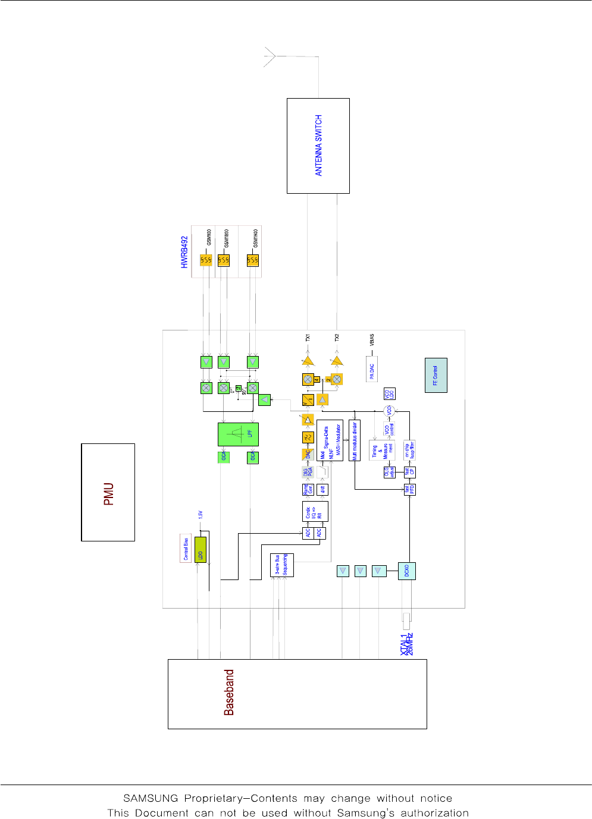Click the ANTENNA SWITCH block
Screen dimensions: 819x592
pyautogui.click(x=318, y=146)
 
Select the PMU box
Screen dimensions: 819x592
pyautogui.click(x=108, y=492)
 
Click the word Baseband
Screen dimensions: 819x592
pyautogui.click(x=229, y=692)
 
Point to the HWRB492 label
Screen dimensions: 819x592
pyautogui.click(x=184, y=252)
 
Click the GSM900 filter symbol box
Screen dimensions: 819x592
pyautogui.click(x=206, y=260)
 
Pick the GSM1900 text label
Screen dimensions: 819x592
pyautogui.click(x=255, y=237)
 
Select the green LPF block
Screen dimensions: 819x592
pyautogui.click(x=238, y=434)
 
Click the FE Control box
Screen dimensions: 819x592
pyautogui.click(x=436, y=375)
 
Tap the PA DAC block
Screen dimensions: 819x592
pyautogui.click(x=372, y=368)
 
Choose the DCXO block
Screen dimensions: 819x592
pyautogui.click(x=407, y=571)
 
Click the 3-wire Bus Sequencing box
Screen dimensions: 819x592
pyautogui.click(x=281, y=565)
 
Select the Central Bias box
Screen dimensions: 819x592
pyautogui.click(x=186, y=549)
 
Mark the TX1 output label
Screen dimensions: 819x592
pyautogui.click(x=308, y=338)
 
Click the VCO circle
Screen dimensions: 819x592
pyautogui.click(x=390, y=411)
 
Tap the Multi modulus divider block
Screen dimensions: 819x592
pyautogui.click(x=355, y=440)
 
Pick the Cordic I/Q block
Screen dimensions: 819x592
pyautogui.click(x=315, y=512)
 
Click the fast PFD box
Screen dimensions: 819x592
pyautogui.click(x=409, y=490)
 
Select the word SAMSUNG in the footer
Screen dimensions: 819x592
pyautogui.click(x=151, y=798)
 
